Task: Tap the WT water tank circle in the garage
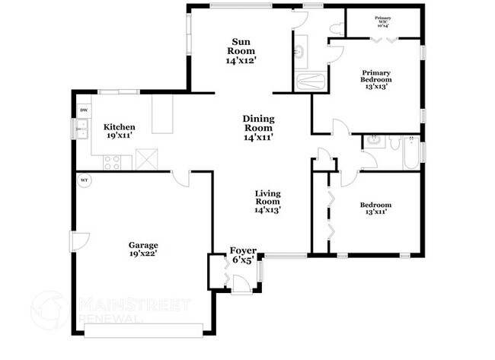pos(85,180)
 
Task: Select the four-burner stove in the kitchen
pos(112,161)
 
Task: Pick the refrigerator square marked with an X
pos(146,159)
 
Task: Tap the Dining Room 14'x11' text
pos(258,128)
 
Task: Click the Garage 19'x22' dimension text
pos(143,250)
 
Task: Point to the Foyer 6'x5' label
pos(244,255)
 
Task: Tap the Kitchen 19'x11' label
pos(120,131)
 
